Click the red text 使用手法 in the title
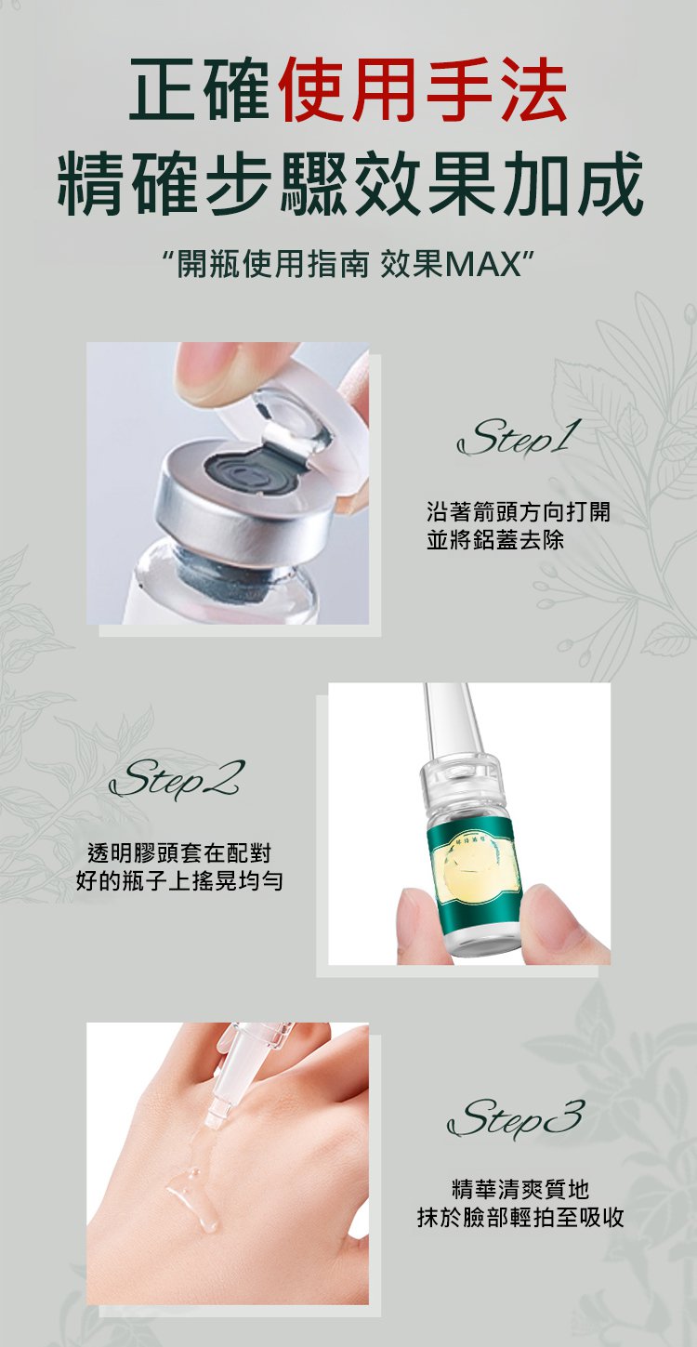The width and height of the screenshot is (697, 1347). coord(424,89)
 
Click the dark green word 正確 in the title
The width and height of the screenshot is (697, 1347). coord(199,89)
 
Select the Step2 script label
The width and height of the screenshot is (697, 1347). coord(177,779)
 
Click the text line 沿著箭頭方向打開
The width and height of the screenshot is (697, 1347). coord(519,511)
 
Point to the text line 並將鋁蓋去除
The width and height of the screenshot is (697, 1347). coord(495,540)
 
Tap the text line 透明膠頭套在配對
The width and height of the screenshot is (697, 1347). coord(179,852)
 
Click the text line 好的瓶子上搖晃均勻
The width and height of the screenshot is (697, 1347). coord(179,881)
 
